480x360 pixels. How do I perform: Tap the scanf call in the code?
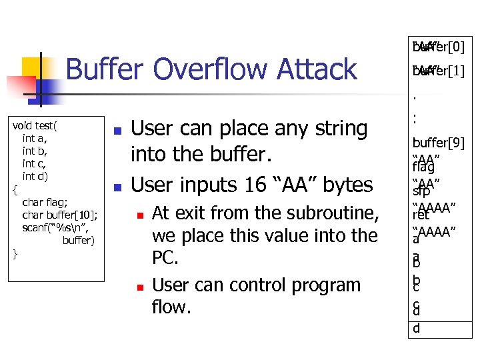tap(55, 227)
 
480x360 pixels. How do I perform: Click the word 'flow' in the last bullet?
tap(172, 307)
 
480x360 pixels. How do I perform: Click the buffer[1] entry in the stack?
tap(439, 69)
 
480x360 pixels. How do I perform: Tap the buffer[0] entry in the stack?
tap(439, 47)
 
